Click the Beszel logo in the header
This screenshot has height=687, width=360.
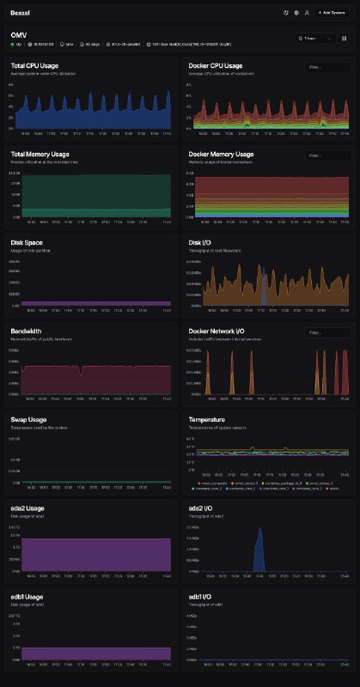pos(21,13)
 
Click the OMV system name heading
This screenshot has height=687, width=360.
pos(19,34)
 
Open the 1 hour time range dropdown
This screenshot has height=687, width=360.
pos(311,40)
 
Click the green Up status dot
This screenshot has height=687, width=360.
pos(13,43)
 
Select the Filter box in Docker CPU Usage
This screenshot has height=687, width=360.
pos(326,66)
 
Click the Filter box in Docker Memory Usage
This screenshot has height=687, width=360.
pos(326,155)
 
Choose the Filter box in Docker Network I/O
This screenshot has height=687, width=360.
pos(326,332)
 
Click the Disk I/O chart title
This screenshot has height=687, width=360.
pos(200,243)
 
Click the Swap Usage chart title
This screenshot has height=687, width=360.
pos(30,420)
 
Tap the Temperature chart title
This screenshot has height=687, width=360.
pos(208,420)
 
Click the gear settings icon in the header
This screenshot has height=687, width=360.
pos(296,13)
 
